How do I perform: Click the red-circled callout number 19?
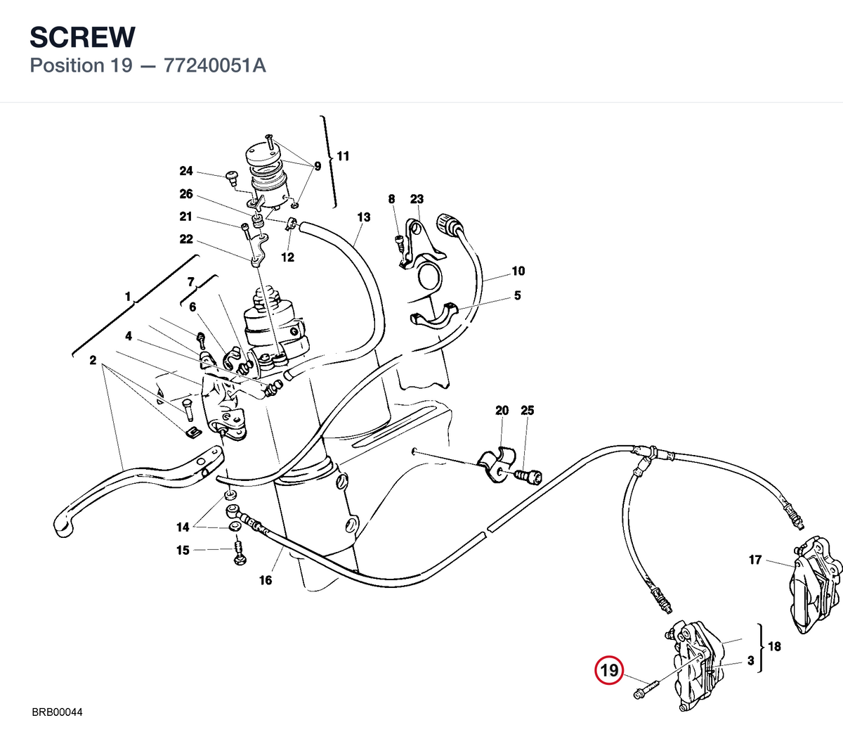[609, 670]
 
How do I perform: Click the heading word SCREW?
[82, 37]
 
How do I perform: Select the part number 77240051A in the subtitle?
[215, 65]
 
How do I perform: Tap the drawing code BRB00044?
[57, 712]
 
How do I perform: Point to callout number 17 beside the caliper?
[755, 560]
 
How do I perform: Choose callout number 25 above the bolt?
[527, 410]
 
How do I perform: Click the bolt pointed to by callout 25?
[528, 476]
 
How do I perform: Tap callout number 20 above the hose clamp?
[502, 410]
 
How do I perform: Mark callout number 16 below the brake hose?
[266, 580]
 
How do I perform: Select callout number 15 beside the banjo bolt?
[183, 550]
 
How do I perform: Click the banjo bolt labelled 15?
[240, 554]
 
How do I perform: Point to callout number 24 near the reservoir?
[186, 170]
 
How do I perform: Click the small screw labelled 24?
[231, 179]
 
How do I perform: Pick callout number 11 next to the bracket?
[343, 156]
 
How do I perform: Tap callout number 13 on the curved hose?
[364, 217]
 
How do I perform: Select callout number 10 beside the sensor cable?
[518, 271]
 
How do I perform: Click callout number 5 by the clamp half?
[517, 295]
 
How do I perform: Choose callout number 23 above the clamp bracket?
[417, 199]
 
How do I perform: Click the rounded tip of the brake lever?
[63, 528]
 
